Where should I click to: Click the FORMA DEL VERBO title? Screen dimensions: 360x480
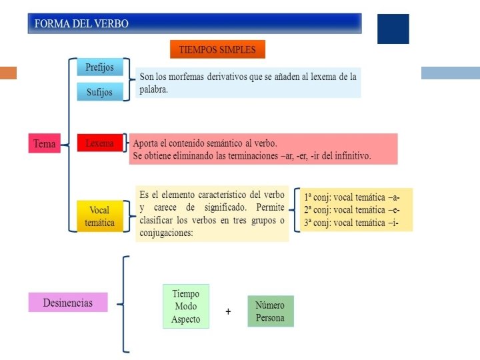click(81, 23)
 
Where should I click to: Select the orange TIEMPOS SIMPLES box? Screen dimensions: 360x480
click(217, 49)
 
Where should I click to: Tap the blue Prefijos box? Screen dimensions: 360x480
click(100, 67)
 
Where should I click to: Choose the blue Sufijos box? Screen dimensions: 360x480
click(100, 92)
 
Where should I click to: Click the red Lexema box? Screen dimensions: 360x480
click(99, 143)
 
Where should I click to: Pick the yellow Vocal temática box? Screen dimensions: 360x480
click(100, 216)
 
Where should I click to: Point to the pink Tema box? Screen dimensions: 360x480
click(44, 143)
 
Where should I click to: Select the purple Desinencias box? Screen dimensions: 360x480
click(67, 302)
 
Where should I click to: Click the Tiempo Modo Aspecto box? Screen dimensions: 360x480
click(185, 306)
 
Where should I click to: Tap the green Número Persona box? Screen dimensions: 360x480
click(270, 311)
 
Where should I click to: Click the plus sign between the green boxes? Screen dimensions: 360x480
click(228, 311)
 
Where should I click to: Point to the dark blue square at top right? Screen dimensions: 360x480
click(393, 29)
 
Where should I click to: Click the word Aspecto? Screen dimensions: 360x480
click(185, 319)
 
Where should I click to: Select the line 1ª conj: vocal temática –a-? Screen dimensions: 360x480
click(352, 197)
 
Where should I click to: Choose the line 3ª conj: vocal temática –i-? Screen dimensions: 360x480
click(351, 223)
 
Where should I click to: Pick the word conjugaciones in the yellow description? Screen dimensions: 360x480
click(167, 233)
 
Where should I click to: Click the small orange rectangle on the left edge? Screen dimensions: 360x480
click(8, 73)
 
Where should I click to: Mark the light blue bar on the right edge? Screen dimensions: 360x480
click(450, 73)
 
